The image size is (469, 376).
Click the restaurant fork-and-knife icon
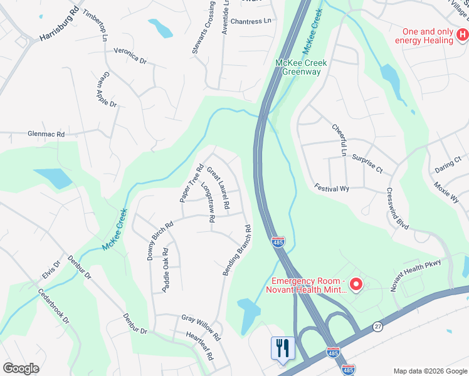point(282,347)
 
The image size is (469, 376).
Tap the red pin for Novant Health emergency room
point(356,285)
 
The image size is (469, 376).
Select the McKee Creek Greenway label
point(298,67)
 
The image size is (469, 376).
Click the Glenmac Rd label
point(46,134)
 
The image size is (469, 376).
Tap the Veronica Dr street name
point(130,56)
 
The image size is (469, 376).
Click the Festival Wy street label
point(332,189)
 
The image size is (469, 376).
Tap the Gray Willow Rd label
point(201,328)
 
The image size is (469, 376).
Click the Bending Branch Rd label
point(237,251)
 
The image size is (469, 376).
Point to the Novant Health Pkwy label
point(416,274)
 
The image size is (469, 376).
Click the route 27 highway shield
point(377,326)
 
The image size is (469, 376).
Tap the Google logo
point(21,368)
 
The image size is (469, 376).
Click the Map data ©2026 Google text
point(429,371)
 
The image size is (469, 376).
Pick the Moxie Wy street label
point(446,192)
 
